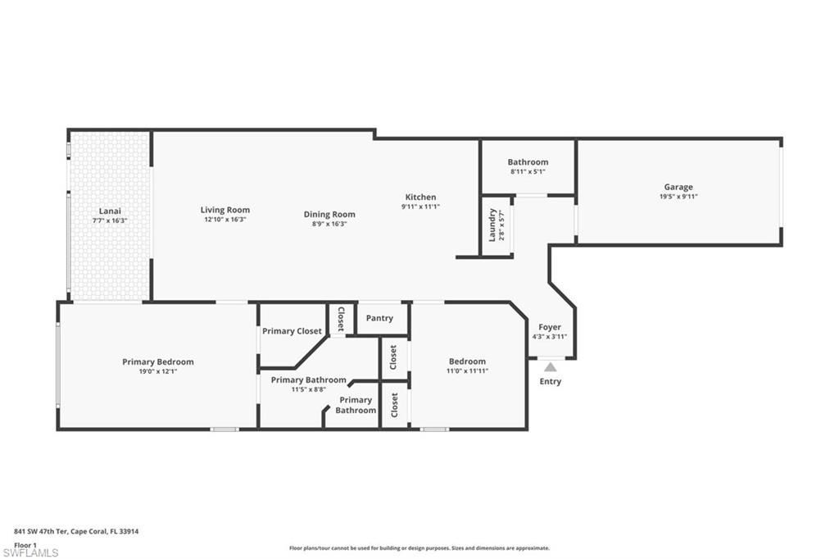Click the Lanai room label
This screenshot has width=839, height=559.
[110, 211]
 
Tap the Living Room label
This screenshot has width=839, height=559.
[224, 210]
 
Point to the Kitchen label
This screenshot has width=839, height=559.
[420, 197]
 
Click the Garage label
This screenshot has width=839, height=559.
[678, 187]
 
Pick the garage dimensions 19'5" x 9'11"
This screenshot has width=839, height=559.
[678, 197]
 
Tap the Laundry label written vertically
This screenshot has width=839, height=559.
[492, 224]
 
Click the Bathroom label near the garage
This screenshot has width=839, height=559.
[528, 162]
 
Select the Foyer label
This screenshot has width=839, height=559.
[549, 327]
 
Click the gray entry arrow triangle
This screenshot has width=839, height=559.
[550, 367]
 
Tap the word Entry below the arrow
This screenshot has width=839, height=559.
[550, 381]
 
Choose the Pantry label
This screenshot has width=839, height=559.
[379, 318]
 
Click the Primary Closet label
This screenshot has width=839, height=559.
[292, 331]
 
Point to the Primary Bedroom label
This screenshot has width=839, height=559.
[157, 361]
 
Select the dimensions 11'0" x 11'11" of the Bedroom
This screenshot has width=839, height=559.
[467, 371]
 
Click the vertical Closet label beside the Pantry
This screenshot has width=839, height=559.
[340, 318]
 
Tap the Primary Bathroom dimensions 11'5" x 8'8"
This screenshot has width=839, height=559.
[308, 389]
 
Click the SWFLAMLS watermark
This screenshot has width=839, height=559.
[30, 552]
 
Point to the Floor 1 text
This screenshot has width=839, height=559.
[25, 544]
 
